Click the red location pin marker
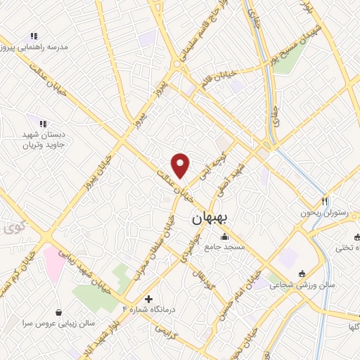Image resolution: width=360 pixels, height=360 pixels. pos(181,165)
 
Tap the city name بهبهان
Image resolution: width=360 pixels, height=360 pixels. pos(209,219)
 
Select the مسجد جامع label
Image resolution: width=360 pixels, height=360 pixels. pos(224,247)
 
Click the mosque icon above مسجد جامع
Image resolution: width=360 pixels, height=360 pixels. pos(224,236)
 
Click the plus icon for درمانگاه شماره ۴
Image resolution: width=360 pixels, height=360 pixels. pos(148,299)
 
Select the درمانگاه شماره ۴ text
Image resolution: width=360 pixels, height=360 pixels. pos(148,309)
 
